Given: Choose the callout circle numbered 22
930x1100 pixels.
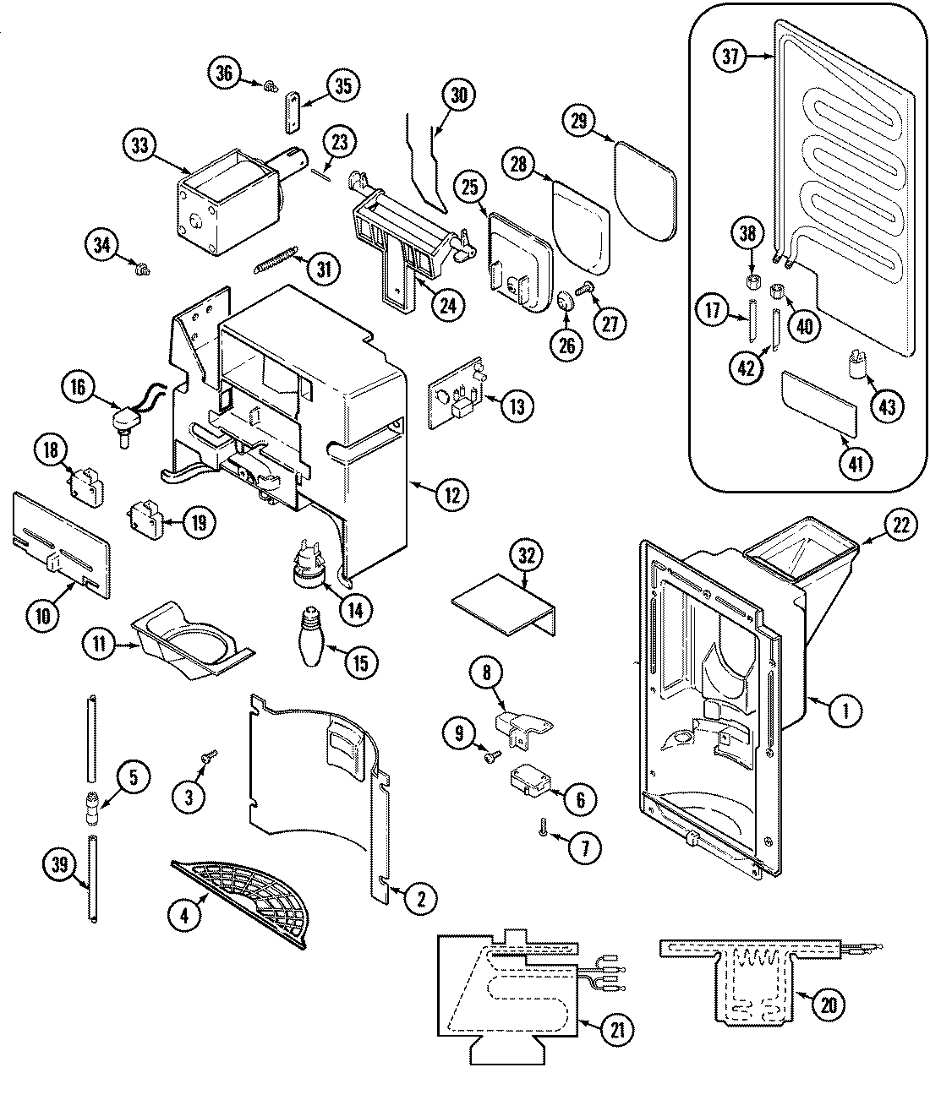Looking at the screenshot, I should (900, 525).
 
